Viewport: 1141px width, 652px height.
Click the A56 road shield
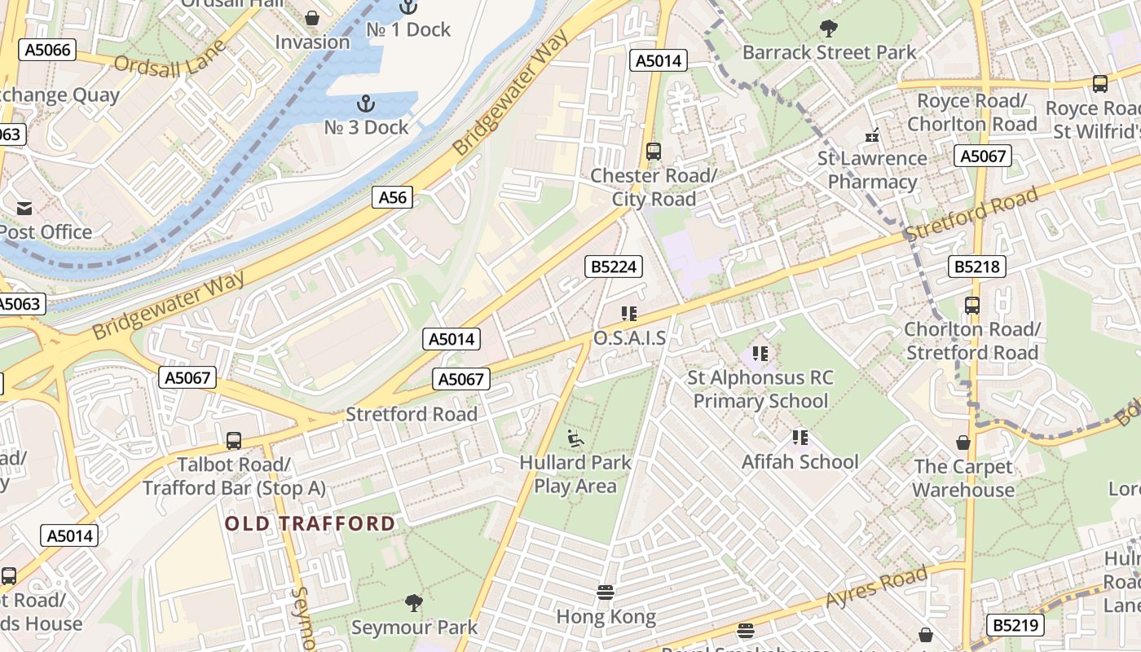point(392,196)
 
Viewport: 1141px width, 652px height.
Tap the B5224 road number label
point(613,267)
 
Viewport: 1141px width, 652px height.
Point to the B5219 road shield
point(1015,625)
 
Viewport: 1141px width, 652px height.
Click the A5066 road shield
point(49,50)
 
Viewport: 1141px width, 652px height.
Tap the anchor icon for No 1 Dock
point(407,7)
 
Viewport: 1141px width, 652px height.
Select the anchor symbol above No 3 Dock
point(366,104)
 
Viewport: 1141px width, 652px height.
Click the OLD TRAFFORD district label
point(311,523)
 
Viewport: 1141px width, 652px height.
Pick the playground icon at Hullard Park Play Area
point(575,438)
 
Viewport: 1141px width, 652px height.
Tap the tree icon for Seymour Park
point(414,603)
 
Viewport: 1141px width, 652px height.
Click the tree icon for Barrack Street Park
point(829,29)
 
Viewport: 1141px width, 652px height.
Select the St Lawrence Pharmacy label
point(872,170)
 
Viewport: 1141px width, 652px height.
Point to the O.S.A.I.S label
point(629,337)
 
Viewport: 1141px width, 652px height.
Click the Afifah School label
point(800,461)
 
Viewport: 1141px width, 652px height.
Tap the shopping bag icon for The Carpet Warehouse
point(963,443)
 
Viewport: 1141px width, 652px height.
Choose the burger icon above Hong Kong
point(605,593)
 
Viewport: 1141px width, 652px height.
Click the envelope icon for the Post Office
point(24,209)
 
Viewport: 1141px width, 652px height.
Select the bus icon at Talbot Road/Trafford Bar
point(234,441)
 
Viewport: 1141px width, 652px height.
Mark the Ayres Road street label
point(876,586)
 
